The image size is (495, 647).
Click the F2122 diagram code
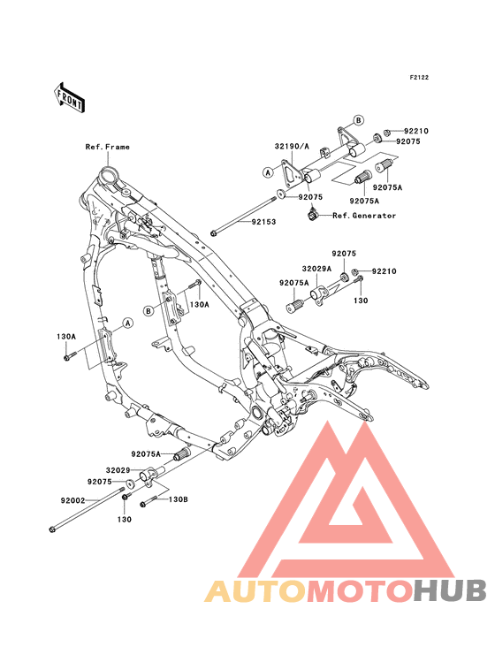(419, 77)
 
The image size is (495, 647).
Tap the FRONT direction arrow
(70, 98)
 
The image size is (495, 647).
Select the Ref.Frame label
(107, 147)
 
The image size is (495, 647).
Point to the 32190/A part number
(292, 146)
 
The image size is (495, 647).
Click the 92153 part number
(263, 222)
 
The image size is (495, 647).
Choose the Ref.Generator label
(364, 216)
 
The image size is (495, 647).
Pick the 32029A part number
(316, 269)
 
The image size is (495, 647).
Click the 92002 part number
(72, 500)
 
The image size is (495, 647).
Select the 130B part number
(179, 499)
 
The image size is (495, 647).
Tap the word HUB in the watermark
(450, 590)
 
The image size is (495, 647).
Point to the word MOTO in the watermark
(361, 590)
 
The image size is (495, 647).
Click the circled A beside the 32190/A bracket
(268, 172)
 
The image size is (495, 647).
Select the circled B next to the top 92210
(359, 120)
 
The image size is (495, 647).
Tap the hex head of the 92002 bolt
(51, 529)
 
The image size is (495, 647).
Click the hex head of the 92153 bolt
(213, 233)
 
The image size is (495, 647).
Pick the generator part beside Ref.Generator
(314, 215)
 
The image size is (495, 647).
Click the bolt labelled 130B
(149, 502)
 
